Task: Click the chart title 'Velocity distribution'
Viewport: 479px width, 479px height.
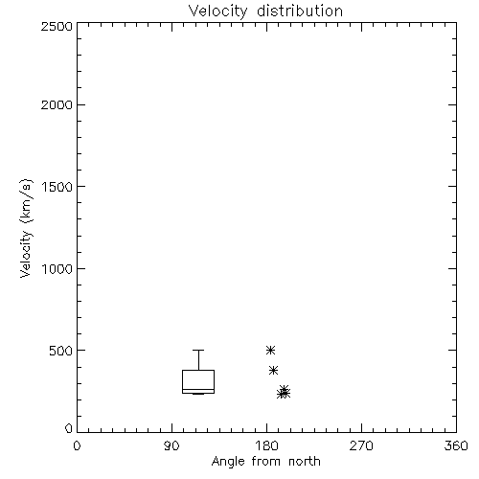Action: pos(265,11)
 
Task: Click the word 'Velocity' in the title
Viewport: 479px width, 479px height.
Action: pos(217,11)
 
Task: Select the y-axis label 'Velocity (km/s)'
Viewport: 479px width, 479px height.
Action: pos(26,228)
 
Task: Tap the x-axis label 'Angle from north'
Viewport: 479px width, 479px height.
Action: pos(265,461)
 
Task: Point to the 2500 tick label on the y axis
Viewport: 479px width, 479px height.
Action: pos(57,26)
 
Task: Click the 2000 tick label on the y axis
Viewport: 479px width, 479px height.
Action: pos(57,104)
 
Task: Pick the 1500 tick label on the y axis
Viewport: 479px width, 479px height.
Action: pos(57,187)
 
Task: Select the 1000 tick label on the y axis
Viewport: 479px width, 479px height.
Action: pos(57,268)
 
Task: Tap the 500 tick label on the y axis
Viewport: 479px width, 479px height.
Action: pos(61,351)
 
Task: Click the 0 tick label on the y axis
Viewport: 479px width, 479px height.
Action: pos(69,428)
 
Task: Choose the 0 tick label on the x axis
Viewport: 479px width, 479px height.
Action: pos(77,445)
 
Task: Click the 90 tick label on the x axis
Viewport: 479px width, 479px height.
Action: pos(171,445)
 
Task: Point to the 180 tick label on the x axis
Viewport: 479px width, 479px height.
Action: pos(266,445)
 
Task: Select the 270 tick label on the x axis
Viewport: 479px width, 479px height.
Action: pos(361,445)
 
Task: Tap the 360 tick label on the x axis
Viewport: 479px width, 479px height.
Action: pos(456,445)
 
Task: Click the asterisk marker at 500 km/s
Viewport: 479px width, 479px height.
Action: pos(270,351)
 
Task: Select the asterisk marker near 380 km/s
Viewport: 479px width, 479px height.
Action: pos(273,371)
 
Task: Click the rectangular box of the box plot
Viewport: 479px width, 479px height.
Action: pos(182,381)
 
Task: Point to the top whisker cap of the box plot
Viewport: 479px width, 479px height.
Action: pos(198,351)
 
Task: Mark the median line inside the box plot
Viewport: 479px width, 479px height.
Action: pos(198,389)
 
